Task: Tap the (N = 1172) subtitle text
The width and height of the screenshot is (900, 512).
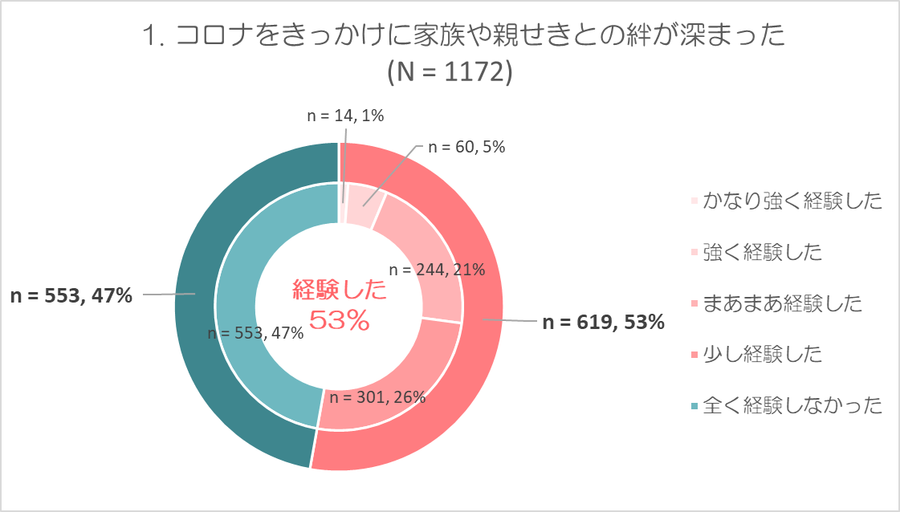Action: (450, 72)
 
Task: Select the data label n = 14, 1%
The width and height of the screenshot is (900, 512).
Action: (346, 116)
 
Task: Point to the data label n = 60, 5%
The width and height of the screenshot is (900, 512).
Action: (466, 147)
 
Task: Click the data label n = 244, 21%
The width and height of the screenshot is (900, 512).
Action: (437, 270)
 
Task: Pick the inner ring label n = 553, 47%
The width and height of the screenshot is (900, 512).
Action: (255, 334)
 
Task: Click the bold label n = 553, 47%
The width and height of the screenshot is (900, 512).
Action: (71, 295)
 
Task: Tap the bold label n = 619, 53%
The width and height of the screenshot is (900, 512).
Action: (603, 323)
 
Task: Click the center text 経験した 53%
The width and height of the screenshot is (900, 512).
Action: (339, 305)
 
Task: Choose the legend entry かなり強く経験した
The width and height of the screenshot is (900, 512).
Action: (791, 201)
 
